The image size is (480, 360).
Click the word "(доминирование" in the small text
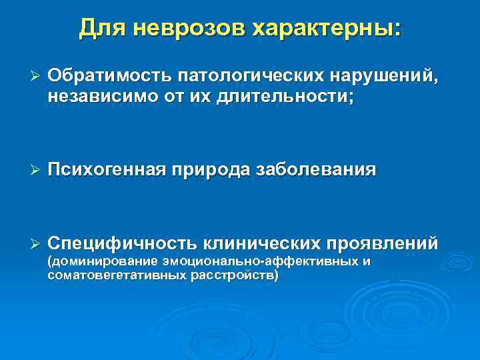[x=94, y=261]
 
